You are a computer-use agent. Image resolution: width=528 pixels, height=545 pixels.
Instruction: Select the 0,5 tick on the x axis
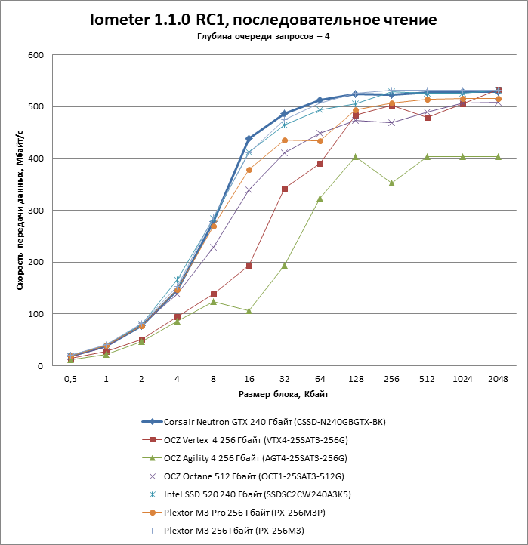tap(70, 379)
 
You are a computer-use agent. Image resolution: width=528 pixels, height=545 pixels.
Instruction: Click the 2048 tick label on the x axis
tap(498, 379)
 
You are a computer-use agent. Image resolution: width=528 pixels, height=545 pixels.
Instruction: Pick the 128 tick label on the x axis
tap(355, 379)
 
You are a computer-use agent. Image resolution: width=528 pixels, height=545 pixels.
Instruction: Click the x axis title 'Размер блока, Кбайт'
tap(283, 394)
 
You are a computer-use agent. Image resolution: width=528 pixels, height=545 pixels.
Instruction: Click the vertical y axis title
tap(20, 211)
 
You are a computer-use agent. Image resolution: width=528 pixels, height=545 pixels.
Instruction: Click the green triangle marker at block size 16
tap(249, 310)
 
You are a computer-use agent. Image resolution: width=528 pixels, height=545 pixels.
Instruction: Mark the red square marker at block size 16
tap(249, 266)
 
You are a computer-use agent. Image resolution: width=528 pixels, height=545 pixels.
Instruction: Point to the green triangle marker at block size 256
tap(391, 183)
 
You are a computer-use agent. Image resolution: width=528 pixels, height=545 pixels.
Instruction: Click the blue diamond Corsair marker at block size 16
tap(249, 138)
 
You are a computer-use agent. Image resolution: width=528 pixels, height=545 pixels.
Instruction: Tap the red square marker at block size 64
tap(320, 163)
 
